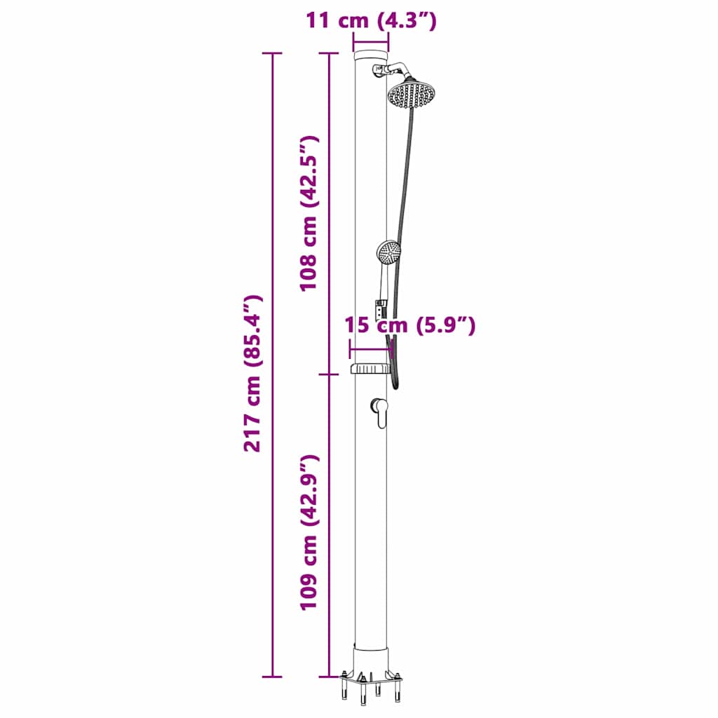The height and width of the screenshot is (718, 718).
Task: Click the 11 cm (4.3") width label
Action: coord(371,21)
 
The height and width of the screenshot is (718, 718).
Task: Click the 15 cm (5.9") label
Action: coord(410,325)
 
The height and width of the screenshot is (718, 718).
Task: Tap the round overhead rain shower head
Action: coord(412,94)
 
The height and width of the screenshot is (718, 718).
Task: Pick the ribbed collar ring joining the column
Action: coord(370,368)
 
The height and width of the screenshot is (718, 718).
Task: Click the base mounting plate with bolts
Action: coord(371,680)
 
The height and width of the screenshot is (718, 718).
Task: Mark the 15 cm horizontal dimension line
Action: coord(370,348)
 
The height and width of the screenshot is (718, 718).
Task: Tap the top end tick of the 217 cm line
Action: coord(272,53)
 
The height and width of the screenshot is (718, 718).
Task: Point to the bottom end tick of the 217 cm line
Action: coord(272,677)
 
